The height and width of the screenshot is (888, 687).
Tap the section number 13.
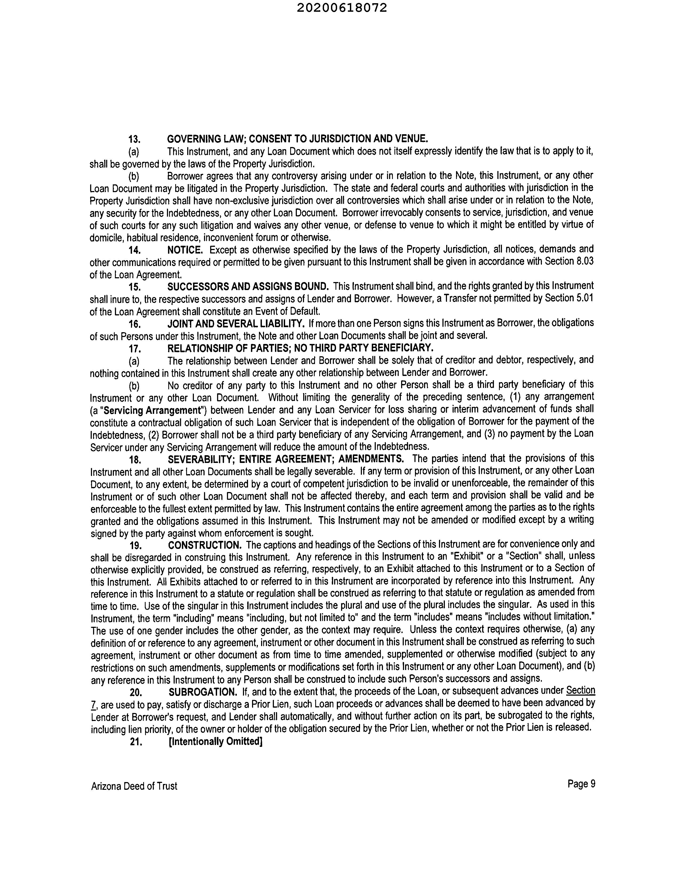click(x=135, y=140)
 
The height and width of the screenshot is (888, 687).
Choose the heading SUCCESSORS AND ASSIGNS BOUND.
click(x=248, y=286)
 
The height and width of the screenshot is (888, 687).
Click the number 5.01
click(x=585, y=298)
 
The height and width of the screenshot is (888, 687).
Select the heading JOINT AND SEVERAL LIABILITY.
click(x=236, y=323)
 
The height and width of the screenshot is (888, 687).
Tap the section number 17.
click(x=135, y=349)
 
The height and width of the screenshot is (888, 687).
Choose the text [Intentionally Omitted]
click(x=215, y=742)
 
